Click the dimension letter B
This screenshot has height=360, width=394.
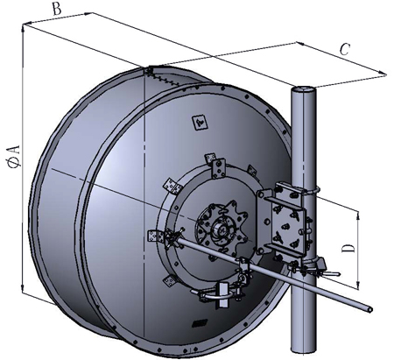57,9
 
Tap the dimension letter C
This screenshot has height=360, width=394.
345,49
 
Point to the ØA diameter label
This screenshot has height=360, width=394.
15,156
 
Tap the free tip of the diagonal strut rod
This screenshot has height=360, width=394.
370,309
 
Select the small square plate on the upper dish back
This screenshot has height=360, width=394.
200,122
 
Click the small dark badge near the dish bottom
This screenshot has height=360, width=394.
200,323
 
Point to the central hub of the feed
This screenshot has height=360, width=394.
220,228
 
